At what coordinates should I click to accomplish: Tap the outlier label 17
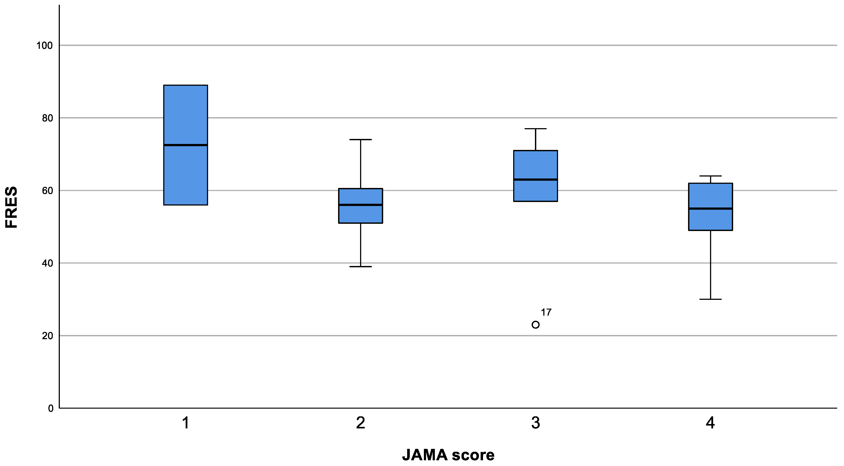546,312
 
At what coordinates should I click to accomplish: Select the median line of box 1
185,145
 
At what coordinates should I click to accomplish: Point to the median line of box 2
360,205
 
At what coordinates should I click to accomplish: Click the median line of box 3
535,179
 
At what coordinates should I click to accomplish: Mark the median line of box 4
710,208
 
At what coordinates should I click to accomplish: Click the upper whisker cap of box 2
360,140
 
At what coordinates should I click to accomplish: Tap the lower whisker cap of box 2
360,267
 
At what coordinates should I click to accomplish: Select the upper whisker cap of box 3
535,129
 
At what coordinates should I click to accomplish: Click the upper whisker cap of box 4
710,176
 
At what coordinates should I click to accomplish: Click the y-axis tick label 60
48,191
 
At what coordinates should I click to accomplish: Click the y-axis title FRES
12,207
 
